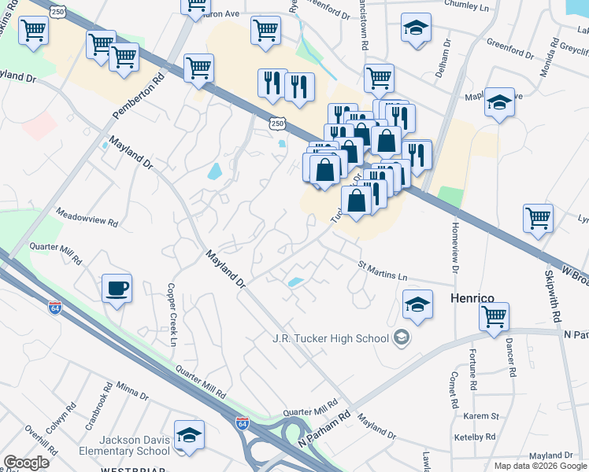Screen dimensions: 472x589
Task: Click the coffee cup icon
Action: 117,288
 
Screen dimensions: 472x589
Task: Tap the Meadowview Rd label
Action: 87,218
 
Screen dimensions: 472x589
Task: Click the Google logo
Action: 26,463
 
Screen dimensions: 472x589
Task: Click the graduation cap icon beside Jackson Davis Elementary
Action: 189,436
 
